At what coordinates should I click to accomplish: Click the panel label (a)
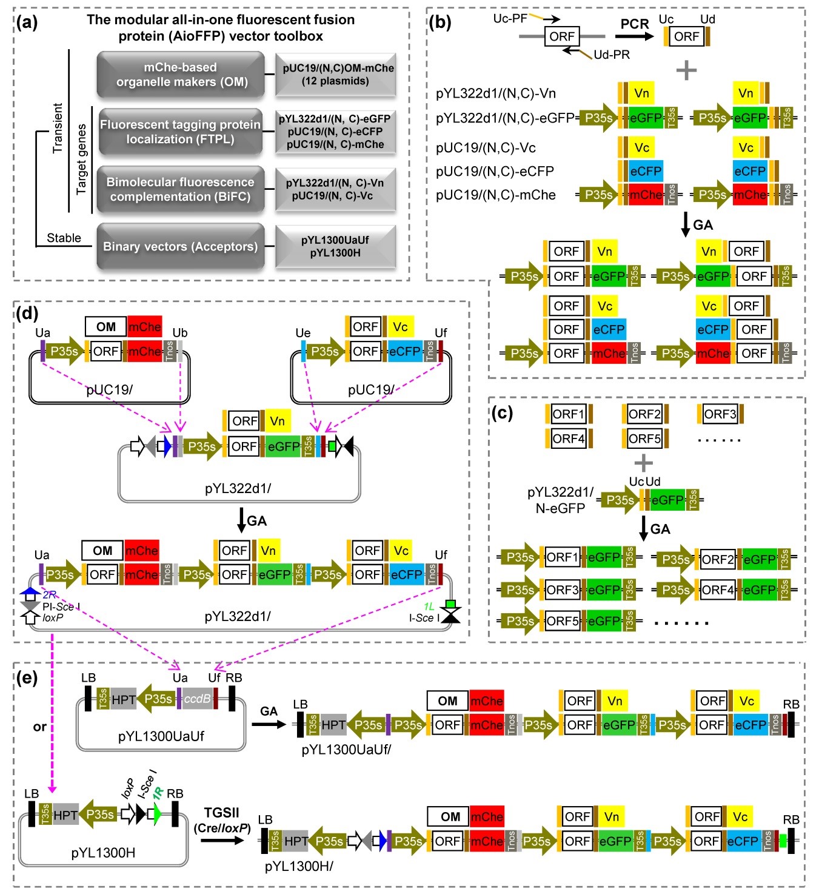[27, 23]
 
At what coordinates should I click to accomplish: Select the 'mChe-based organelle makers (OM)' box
[181, 75]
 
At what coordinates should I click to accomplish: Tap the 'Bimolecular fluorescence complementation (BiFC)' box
[180, 189]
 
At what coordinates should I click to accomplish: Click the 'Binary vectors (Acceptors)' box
[180, 247]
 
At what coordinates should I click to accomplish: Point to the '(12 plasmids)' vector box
[335, 75]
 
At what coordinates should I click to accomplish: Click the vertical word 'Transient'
[58, 128]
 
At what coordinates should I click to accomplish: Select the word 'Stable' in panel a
[64, 238]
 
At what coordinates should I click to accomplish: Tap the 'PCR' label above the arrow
[635, 24]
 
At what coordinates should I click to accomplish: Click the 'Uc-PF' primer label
[510, 18]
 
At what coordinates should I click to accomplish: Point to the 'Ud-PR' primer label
[611, 55]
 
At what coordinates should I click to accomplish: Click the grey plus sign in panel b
[686, 70]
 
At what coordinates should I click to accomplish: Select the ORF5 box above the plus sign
[644, 438]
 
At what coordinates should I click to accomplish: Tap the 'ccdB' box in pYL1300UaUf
[197, 699]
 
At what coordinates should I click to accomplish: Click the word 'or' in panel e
[40, 727]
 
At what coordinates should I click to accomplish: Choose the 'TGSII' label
[221, 813]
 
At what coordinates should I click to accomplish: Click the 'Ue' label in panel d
[303, 333]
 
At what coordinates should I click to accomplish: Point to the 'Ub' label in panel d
[180, 333]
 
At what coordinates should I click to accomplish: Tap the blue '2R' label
[50, 595]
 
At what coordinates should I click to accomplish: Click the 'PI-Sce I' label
[61, 607]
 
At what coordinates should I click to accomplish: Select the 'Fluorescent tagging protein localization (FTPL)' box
[180, 132]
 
